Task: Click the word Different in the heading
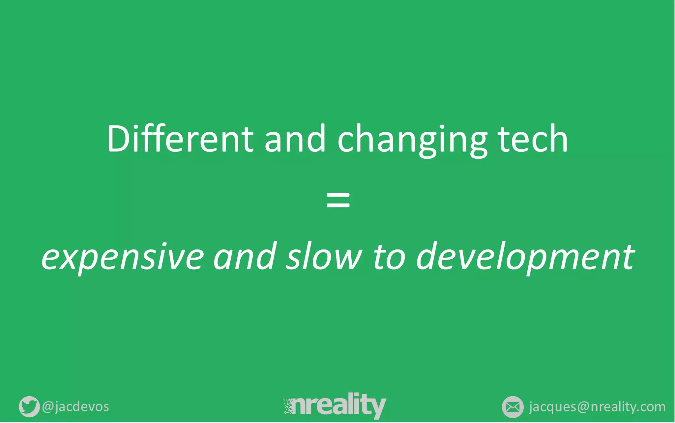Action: [x=180, y=139]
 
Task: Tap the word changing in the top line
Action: [x=412, y=140]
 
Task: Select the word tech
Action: [x=533, y=139]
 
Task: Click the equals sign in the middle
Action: [x=338, y=200]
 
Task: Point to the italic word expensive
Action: [x=123, y=257]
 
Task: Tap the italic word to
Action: [x=389, y=256]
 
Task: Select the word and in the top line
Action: [x=295, y=139]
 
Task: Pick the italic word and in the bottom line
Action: [x=244, y=256]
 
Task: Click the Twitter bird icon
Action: [x=29, y=407]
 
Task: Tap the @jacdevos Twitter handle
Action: [x=75, y=407]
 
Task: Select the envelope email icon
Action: [x=513, y=407]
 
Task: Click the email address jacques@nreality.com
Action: [x=597, y=407]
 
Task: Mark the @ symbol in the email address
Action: [x=583, y=407]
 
